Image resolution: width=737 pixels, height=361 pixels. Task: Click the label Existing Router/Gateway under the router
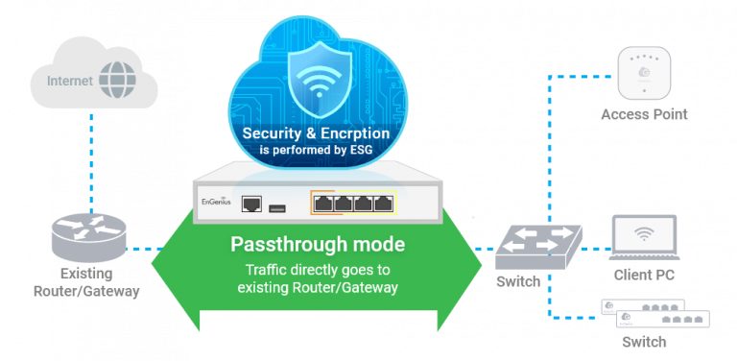tap(85, 283)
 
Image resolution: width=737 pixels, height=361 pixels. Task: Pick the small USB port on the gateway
tap(280, 205)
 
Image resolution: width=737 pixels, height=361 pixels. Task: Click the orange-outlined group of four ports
tap(352, 203)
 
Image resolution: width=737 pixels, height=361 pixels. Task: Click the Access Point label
tap(644, 114)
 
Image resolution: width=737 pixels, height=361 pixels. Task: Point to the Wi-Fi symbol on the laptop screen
tap(645, 234)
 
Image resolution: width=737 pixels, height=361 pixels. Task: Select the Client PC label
tap(645, 276)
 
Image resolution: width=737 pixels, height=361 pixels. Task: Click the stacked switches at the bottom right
tap(654, 313)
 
